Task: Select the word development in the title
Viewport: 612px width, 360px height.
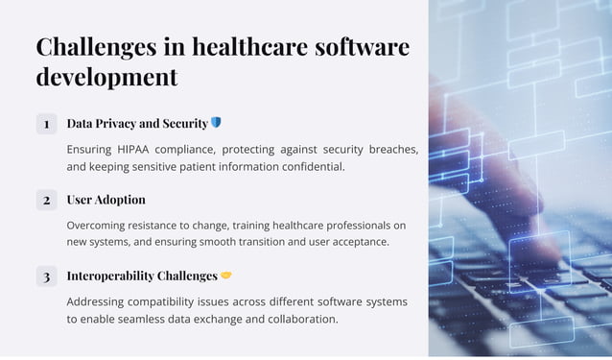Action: (106, 77)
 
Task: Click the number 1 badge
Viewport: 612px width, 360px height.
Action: (46, 124)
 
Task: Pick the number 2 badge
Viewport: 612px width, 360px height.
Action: (46, 200)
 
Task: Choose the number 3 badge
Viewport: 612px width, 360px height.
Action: (46, 276)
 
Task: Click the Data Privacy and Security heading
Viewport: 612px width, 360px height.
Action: (137, 124)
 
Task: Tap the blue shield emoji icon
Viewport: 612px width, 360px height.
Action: (216, 123)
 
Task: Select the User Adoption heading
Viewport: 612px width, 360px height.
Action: (106, 200)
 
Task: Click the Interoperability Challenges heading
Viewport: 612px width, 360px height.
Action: (142, 276)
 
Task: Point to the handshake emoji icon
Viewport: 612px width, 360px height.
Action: (226, 276)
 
